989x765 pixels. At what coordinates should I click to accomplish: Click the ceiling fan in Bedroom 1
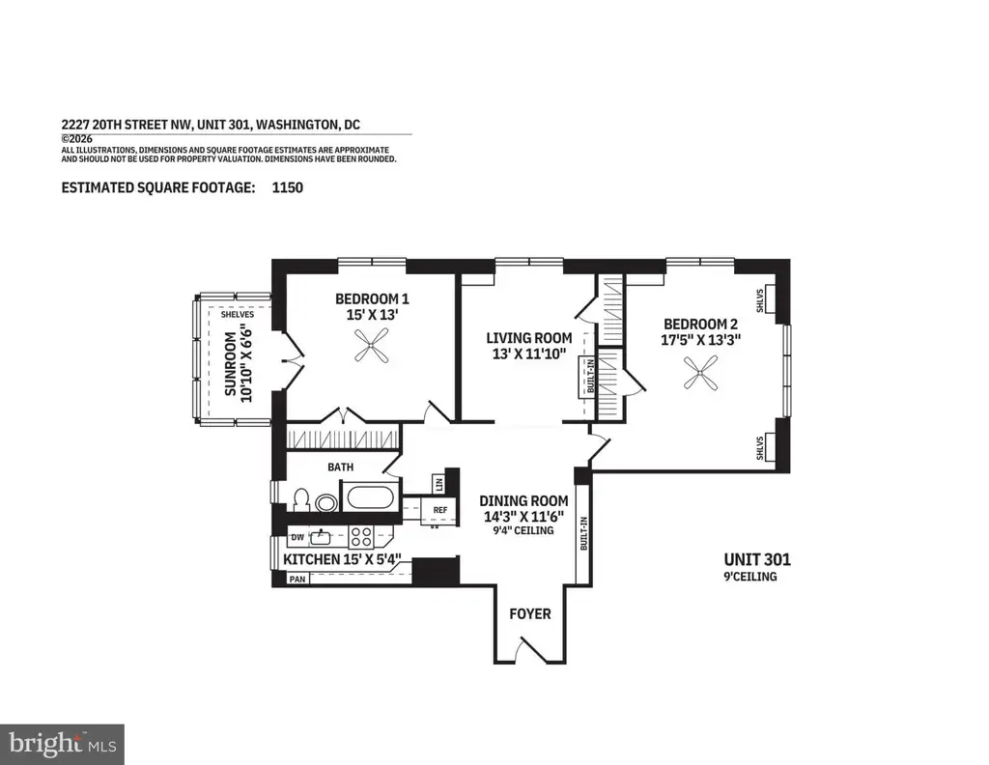[x=372, y=346]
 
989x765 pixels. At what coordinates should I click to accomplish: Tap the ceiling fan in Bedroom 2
[x=700, y=373]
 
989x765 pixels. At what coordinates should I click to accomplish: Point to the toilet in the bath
[x=300, y=499]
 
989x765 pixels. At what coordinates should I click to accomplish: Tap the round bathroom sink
[x=326, y=502]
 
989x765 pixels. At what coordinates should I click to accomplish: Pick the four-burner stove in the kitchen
[x=361, y=537]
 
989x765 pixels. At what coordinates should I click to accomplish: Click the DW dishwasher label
[x=297, y=537]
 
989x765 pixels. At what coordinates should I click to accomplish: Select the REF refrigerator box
[x=439, y=510]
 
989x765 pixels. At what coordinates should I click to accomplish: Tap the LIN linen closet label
[x=439, y=484]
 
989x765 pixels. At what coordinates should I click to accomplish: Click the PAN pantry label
[x=297, y=579]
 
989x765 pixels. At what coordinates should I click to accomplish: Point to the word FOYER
[x=530, y=613]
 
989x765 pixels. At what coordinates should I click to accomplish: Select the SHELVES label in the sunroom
[x=238, y=314]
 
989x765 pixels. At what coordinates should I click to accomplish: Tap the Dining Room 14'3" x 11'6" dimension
[x=523, y=517]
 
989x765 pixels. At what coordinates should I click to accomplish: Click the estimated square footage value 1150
[x=287, y=187]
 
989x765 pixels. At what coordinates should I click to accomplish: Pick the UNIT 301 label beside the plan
[x=757, y=559]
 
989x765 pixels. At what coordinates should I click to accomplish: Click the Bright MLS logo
[x=62, y=744]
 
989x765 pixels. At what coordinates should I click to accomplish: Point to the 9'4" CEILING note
[x=523, y=531]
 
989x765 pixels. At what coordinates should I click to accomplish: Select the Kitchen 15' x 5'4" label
[x=343, y=559]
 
